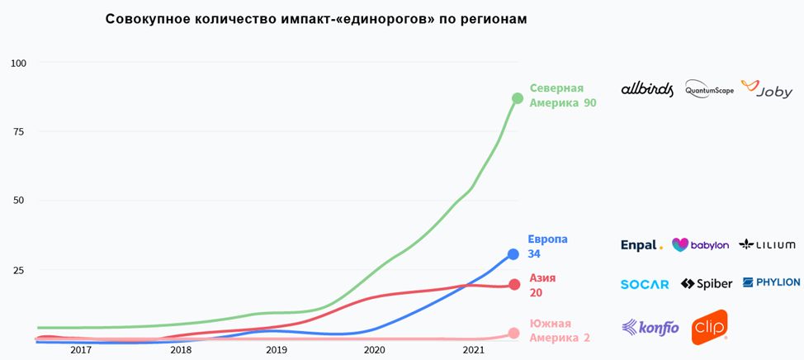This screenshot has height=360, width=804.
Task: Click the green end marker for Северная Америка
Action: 518,98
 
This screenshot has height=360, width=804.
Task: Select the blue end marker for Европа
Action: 513,254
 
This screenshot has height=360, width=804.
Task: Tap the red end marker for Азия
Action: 513,284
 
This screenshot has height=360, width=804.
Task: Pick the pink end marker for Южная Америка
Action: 513,334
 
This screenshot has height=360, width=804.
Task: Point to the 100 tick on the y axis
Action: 19,63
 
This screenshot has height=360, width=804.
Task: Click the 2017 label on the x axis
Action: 81,351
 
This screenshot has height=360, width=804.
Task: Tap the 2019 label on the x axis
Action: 277,351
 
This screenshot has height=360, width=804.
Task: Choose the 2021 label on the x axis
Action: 473,351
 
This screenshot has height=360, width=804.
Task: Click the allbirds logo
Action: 647,89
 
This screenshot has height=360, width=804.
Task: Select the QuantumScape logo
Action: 709,90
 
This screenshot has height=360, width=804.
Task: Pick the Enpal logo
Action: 641,245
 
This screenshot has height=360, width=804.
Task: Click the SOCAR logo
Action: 645,284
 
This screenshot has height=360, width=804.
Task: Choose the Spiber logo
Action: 707,284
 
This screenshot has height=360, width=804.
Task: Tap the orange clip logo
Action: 709,326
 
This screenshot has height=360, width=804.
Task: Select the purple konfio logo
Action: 650,327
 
